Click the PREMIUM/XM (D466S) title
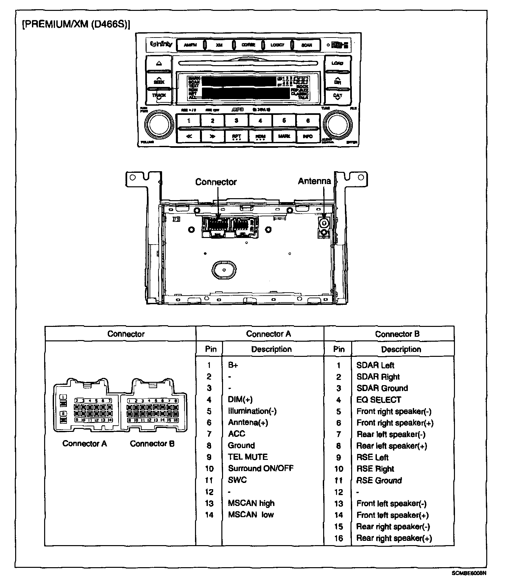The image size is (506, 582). click(x=76, y=25)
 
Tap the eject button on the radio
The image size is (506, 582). click(x=159, y=63)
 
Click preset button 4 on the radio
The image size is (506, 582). click(x=260, y=121)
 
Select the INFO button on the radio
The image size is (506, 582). click(x=308, y=136)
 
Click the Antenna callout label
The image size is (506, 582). click(x=314, y=181)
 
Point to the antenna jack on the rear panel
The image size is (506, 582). click(x=324, y=223)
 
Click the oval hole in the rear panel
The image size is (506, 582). click(x=224, y=270)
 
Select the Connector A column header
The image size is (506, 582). click(x=268, y=334)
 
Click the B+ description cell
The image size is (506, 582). click(x=233, y=365)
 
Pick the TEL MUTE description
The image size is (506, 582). click(x=248, y=457)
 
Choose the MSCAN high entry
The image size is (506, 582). click(x=251, y=503)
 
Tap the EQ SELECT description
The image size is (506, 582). click(x=379, y=400)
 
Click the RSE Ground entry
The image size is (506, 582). click(x=379, y=480)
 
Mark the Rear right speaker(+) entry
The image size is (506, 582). click(x=394, y=538)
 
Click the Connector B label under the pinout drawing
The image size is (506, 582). click(x=152, y=444)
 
